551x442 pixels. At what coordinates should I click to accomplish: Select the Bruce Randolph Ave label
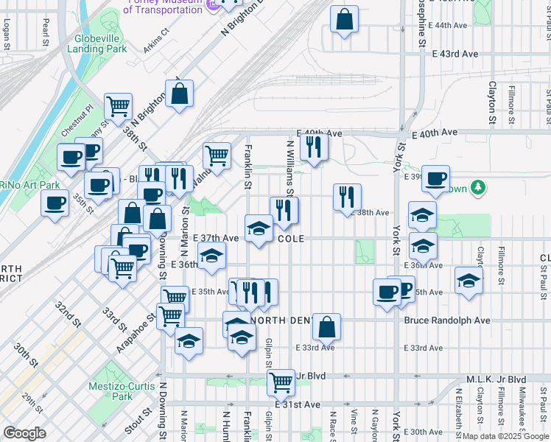coord(446,320)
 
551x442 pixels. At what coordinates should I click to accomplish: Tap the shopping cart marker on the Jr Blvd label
coord(280,381)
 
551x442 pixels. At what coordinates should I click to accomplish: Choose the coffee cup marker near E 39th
coord(435,178)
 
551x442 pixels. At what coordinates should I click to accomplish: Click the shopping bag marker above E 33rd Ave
coord(326,326)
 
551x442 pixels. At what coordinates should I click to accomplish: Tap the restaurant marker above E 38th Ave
coord(347,196)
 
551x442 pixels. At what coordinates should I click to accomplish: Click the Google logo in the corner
coord(24,433)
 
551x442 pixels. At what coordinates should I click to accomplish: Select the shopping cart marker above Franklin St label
coord(217,155)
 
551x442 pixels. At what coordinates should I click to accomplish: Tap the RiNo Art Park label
coord(29,184)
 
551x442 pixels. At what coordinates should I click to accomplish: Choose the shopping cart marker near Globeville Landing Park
coord(118,106)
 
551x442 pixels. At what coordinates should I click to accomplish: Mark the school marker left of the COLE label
coord(259,228)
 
